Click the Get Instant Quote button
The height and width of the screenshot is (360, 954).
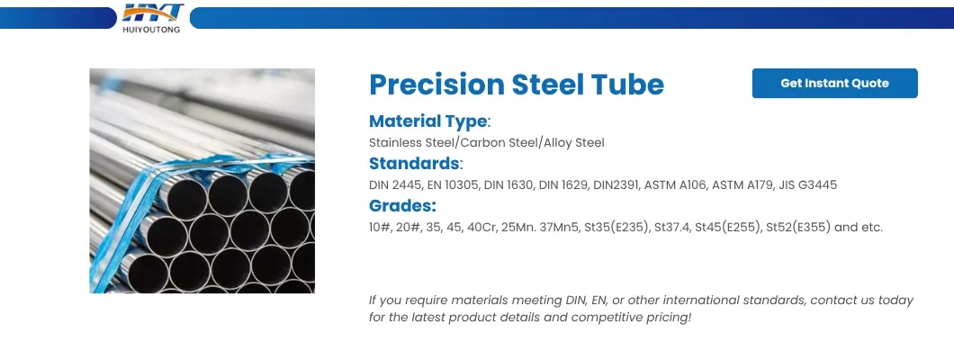coord(834,83)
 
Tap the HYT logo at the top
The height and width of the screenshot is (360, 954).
coord(153,13)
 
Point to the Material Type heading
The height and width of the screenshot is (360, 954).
coord(428,121)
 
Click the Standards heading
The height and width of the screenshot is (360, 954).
coord(414,164)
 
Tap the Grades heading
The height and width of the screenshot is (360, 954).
coord(402,206)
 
